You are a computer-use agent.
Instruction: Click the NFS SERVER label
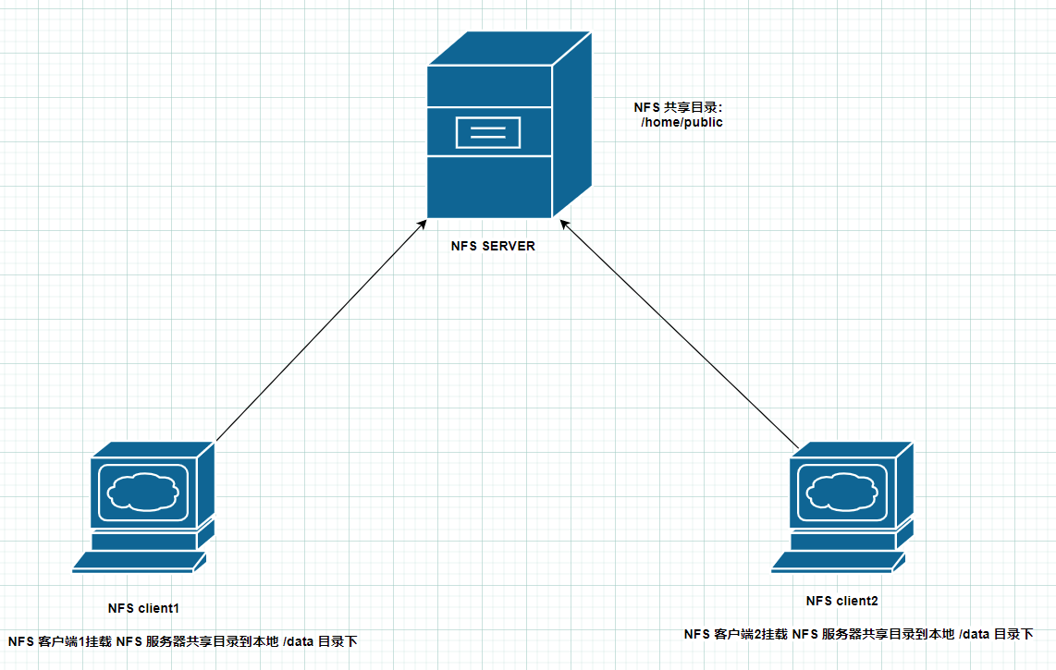pyautogui.click(x=493, y=246)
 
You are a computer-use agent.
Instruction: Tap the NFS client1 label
pyautogui.click(x=143, y=608)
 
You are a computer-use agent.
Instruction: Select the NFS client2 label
pyautogui.click(x=841, y=601)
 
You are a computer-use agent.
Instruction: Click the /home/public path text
pyautogui.click(x=681, y=123)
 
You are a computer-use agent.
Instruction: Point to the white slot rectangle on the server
pyautogui.click(x=488, y=133)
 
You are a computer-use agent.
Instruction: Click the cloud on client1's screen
pyautogui.click(x=143, y=492)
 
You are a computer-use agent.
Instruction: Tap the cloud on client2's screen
pyautogui.click(x=842, y=492)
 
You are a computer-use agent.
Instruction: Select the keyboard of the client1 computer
pyautogui.click(x=140, y=562)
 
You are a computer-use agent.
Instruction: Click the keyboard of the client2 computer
pyautogui.click(x=839, y=562)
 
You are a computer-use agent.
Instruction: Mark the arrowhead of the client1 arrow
pyautogui.click(x=423, y=225)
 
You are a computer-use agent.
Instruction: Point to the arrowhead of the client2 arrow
pyautogui.click(x=565, y=225)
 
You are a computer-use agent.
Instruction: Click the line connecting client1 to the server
pyautogui.click(x=321, y=331)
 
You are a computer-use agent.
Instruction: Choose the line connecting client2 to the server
pyautogui.click(x=680, y=334)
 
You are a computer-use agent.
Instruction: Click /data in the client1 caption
pyautogui.click(x=299, y=641)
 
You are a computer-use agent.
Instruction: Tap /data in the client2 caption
pyautogui.click(x=975, y=634)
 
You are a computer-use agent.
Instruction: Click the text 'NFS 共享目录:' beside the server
pyautogui.click(x=678, y=107)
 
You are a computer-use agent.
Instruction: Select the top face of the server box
pyautogui.click(x=510, y=48)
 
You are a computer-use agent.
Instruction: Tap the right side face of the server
pyautogui.click(x=572, y=125)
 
